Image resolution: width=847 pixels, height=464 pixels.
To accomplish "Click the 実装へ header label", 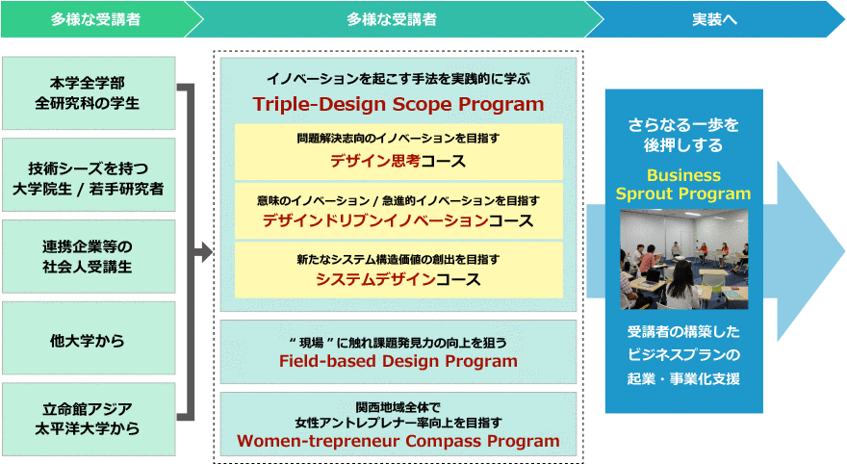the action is (x=714, y=19).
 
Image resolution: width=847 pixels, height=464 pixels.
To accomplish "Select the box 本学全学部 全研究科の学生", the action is (x=89, y=93).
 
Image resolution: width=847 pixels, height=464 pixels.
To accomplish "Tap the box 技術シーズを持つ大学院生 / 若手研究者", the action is (x=89, y=174).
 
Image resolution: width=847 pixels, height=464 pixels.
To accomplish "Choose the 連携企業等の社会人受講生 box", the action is (x=89, y=256).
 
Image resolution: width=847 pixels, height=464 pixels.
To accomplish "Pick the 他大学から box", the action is (x=89, y=338).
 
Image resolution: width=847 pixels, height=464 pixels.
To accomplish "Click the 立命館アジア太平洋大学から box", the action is (x=89, y=419).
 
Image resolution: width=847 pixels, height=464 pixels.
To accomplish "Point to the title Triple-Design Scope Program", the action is (x=398, y=104).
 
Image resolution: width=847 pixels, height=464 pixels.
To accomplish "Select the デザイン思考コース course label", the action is (x=398, y=161).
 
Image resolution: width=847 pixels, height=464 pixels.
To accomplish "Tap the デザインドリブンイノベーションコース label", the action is (x=398, y=220).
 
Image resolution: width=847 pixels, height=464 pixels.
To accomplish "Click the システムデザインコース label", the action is (x=398, y=279).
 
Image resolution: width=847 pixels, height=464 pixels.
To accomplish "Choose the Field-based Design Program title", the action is (x=398, y=361).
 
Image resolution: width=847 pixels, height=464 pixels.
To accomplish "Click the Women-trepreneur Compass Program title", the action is (x=398, y=441).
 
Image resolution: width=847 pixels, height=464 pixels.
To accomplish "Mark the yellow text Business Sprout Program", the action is (x=683, y=184).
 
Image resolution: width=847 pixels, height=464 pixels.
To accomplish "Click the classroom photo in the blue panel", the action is (x=684, y=259).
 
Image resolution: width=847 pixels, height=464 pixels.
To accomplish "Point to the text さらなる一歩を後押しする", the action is (x=683, y=135).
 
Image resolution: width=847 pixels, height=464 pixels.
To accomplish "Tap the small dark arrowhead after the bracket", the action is (x=208, y=251).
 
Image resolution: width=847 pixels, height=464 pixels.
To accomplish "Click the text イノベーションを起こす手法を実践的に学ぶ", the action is (x=398, y=79).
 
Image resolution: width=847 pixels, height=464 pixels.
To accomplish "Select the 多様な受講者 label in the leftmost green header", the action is (x=95, y=19).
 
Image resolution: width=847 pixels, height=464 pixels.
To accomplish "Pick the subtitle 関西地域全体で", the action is (x=398, y=407).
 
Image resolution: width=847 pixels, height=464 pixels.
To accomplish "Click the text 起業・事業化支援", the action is (x=683, y=378).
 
